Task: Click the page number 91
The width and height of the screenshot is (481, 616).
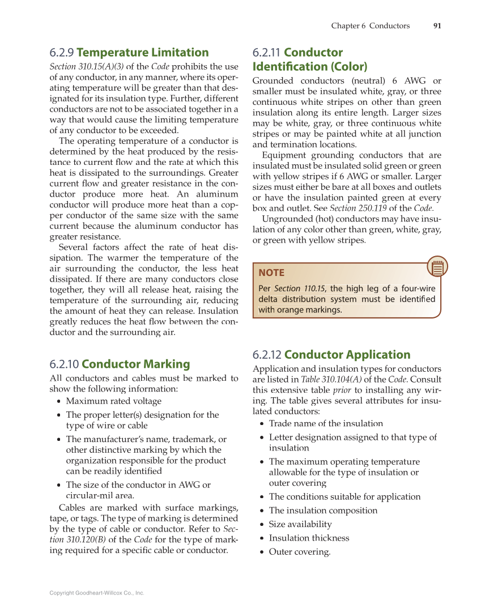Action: coord(437,26)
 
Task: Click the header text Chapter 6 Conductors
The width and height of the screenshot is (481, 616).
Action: coord(370,26)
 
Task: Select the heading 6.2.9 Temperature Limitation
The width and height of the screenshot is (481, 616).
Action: coord(129,53)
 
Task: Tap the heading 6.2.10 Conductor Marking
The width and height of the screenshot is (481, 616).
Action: coord(120,364)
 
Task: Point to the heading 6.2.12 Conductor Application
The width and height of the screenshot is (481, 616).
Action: coord(331,355)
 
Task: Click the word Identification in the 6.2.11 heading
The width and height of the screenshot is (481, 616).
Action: coord(310,66)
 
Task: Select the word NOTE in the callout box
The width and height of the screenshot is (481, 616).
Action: coord(271,273)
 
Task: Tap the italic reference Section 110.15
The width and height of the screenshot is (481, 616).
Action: coord(299,288)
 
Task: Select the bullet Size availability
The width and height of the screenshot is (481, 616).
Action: coord(300,524)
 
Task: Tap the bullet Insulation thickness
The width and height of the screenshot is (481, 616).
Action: coord(309,538)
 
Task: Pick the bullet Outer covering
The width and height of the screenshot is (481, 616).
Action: coord(299,552)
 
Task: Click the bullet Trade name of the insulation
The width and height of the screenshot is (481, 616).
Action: coord(326,423)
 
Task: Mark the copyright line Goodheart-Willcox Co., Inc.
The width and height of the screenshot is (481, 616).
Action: coord(97,593)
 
